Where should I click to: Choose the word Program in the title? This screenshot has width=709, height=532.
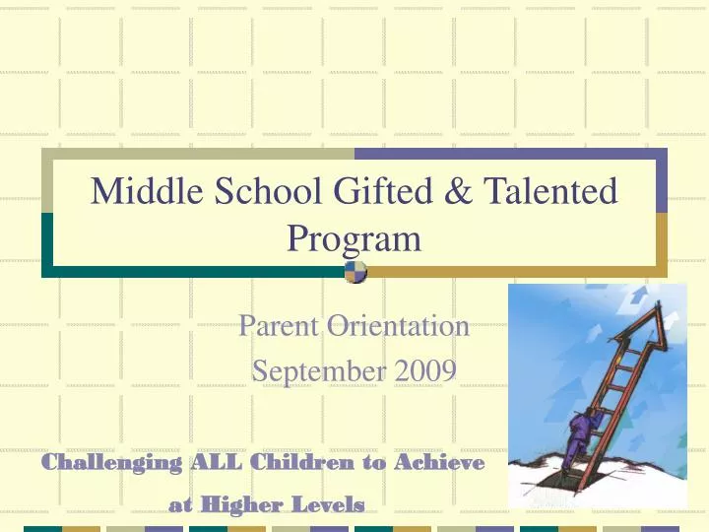pyautogui.click(x=354, y=239)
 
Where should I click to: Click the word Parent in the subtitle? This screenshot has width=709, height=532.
pyautogui.click(x=281, y=325)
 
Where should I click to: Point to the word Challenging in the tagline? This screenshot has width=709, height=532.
pyautogui.click(x=113, y=462)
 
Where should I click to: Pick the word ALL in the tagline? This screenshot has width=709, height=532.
pyautogui.click(x=215, y=462)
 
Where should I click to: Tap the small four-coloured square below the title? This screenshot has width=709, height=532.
pyautogui.click(x=355, y=272)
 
